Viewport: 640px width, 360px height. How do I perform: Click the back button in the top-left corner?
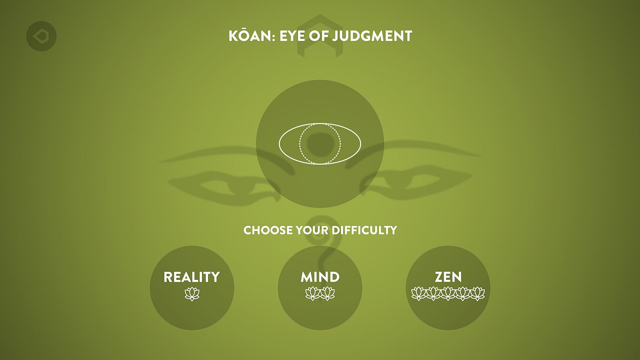pyautogui.click(x=41, y=36)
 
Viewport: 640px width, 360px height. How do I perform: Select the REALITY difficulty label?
pyautogui.click(x=192, y=277)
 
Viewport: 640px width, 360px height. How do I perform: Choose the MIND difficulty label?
pyautogui.click(x=320, y=277)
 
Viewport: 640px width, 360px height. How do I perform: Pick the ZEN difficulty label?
pyautogui.click(x=448, y=277)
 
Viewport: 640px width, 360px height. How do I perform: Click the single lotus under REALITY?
pyautogui.click(x=192, y=294)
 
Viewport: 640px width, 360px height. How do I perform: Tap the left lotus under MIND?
pyautogui.click(x=313, y=294)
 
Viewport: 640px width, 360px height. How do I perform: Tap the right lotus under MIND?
pyautogui.click(x=328, y=294)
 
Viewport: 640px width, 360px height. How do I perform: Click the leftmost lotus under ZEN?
pyautogui.click(x=419, y=294)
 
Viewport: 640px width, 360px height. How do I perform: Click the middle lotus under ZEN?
pyautogui.click(x=448, y=294)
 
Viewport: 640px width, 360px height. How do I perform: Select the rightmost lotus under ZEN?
pyautogui.click(x=477, y=294)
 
